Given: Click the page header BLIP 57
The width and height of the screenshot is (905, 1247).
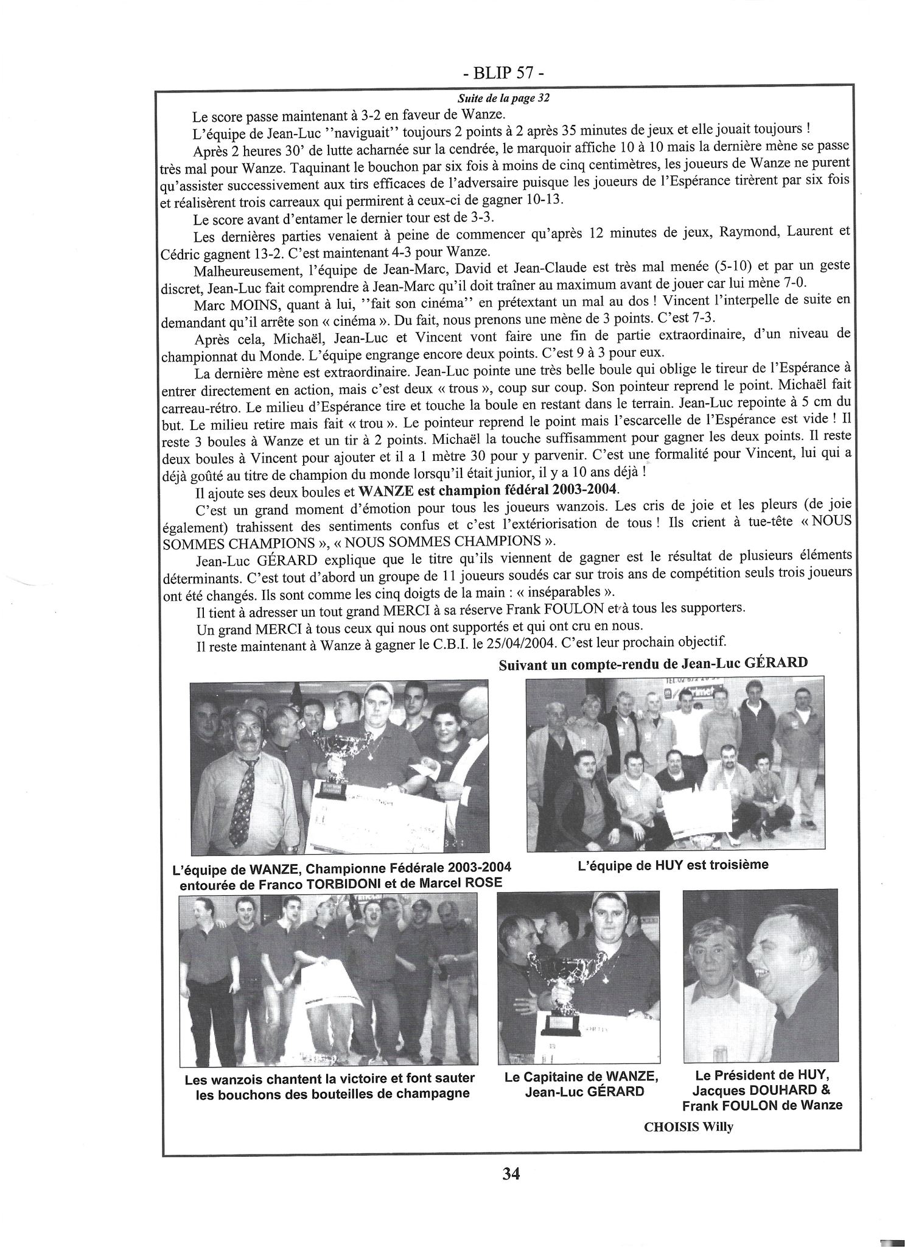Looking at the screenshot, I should coord(503,74).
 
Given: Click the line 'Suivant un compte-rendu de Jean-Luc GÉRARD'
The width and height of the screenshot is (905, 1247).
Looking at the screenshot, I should coord(653,664).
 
